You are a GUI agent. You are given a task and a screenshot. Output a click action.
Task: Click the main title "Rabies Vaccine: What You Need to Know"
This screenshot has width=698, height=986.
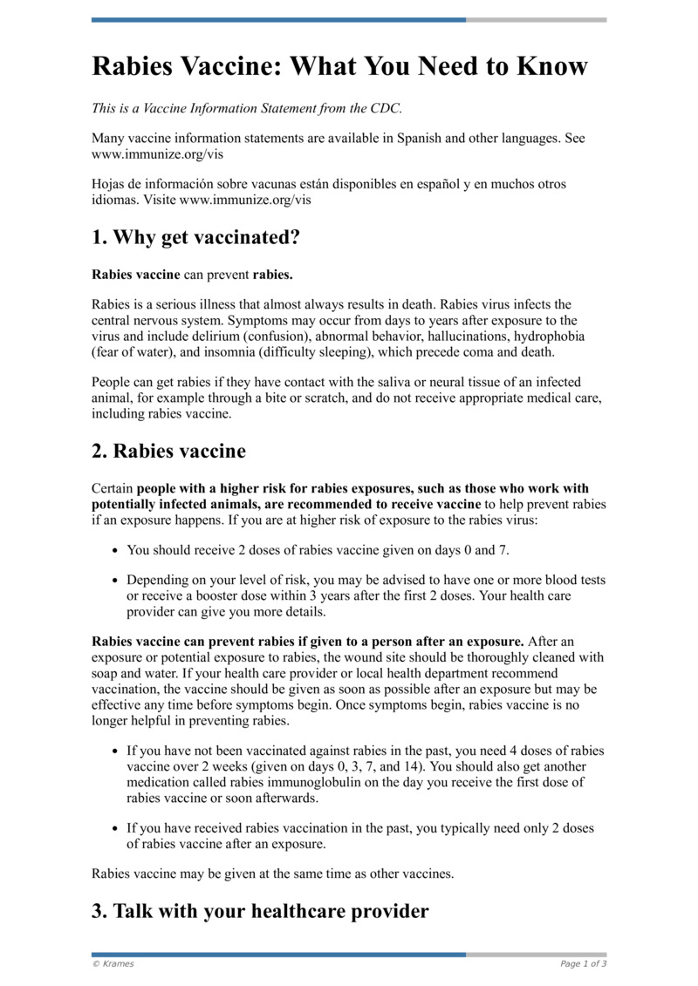[339, 66]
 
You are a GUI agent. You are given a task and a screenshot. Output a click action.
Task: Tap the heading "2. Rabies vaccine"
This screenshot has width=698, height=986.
[168, 451]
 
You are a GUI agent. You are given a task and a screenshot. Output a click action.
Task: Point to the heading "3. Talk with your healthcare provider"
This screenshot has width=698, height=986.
[260, 911]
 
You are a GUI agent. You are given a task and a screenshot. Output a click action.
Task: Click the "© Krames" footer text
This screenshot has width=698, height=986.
[113, 963]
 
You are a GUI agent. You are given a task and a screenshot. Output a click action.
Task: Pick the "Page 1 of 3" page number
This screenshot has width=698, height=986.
[583, 963]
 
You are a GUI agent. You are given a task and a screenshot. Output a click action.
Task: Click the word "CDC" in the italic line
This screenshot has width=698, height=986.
[384, 109]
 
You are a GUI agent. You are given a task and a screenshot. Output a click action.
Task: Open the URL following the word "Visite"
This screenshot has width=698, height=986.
[245, 200]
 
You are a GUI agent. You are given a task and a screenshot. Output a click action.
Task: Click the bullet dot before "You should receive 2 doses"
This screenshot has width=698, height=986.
[116, 551]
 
